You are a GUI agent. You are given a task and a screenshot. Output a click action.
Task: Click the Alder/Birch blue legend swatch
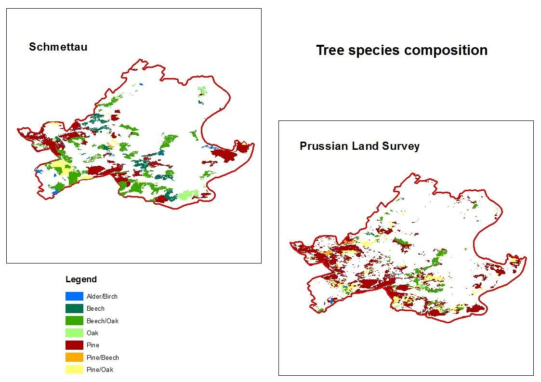tap(74, 296)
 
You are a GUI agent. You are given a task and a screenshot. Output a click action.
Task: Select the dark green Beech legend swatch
tap(74, 308)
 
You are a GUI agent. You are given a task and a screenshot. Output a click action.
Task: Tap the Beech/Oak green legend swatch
tap(74, 320)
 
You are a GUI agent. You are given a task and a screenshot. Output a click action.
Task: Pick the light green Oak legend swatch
tap(74, 333)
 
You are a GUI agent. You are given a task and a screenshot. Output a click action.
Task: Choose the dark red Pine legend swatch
tap(74, 345)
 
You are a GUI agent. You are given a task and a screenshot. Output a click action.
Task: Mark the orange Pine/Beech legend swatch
tap(74, 357)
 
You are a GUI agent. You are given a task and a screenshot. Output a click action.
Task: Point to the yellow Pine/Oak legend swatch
tap(74, 369)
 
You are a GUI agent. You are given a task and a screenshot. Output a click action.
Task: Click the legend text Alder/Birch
tap(102, 296)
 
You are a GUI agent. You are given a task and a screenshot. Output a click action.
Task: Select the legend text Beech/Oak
tap(103, 321)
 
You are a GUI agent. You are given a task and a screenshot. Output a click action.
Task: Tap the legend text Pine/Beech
tap(103, 357)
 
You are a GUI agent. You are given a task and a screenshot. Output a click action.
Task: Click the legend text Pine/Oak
tap(100, 369)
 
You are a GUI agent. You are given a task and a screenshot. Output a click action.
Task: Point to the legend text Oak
tap(92, 333)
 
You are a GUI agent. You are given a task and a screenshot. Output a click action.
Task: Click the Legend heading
tap(81, 279)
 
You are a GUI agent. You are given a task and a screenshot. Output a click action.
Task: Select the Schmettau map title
tap(58, 47)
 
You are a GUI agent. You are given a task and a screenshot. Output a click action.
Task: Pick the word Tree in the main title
tap(330, 51)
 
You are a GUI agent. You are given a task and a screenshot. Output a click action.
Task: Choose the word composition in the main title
tap(446, 51)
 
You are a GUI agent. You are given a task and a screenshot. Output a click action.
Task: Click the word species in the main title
tap(374, 51)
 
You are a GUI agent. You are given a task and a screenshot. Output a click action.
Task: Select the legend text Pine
tap(93, 345)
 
